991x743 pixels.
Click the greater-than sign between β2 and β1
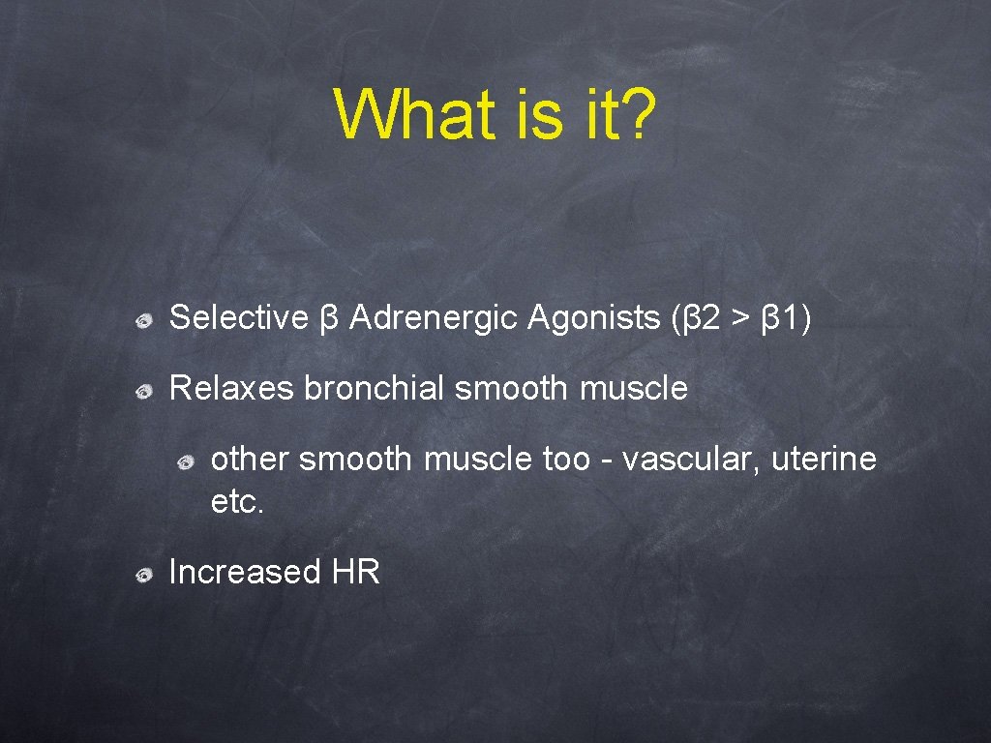click(x=741, y=318)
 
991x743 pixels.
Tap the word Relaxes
click(x=231, y=388)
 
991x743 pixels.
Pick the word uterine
click(x=824, y=459)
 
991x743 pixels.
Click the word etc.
click(x=236, y=501)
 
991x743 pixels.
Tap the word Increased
click(x=244, y=572)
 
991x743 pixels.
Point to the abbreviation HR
click(x=356, y=572)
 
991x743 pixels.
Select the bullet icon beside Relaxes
click(x=142, y=390)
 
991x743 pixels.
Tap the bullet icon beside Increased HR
click(x=142, y=574)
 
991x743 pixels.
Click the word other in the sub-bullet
click(x=250, y=459)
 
